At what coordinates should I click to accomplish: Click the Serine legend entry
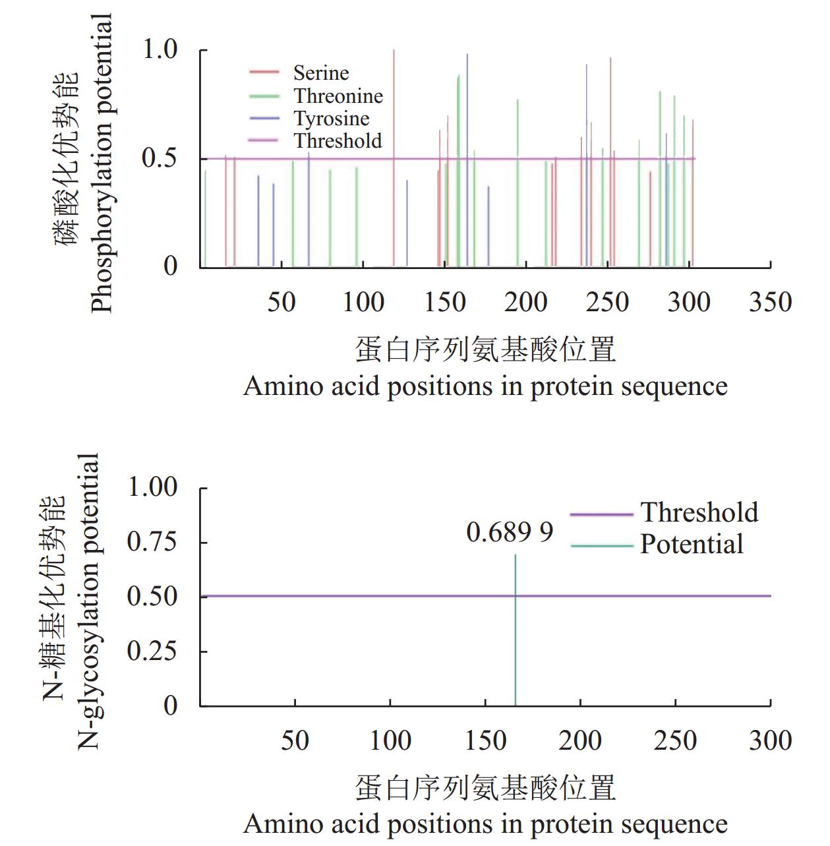(x=320, y=73)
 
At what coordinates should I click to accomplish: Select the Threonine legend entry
(x=338, y=96)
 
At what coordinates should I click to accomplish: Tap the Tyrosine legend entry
(x=331, y=119)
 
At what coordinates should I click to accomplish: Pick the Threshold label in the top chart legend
(x=338, y=140)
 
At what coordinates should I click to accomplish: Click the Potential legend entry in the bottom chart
(x=691, y=545)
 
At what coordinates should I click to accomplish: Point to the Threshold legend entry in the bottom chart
(x=699, y=513)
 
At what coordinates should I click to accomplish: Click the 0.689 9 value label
(x=509, y=532)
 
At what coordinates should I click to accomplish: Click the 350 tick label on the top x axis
(x=770, y=303)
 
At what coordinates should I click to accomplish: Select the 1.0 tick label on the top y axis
(x=160, y=49)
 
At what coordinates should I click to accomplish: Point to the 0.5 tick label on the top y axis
(x=160, y=158)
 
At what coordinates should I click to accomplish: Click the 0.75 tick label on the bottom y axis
(x=152, y=542)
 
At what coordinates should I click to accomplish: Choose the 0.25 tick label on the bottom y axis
(x=152, y=651)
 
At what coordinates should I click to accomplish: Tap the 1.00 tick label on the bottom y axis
(x=152, y=487)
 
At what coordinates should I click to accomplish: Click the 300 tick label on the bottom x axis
(x=770, y=740)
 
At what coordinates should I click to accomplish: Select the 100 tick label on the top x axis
(x=363, y=303)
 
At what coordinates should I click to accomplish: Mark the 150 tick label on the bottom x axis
(x=485, y=740)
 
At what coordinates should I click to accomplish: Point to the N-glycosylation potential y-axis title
(x=88, y=600)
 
